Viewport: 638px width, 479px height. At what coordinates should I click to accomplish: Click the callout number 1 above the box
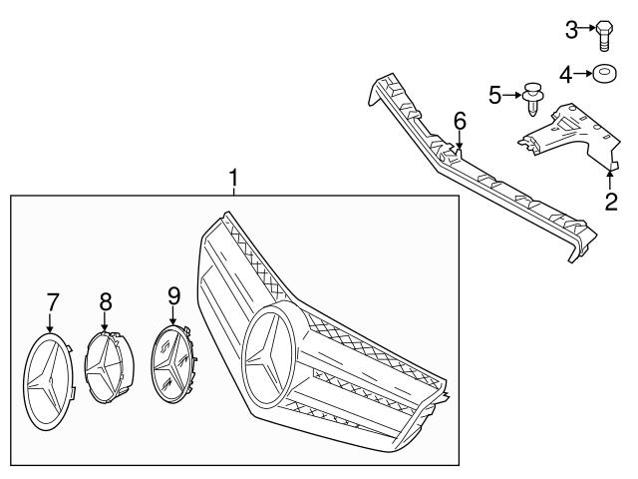[233, 180]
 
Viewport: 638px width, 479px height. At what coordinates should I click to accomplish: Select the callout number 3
[571, 31]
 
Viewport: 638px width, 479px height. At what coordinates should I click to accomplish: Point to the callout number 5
[495, 96]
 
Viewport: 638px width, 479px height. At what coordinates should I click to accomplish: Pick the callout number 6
[460, 120]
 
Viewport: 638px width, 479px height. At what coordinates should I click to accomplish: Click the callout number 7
[52, 299]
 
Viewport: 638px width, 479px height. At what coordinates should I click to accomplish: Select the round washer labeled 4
[604, 73]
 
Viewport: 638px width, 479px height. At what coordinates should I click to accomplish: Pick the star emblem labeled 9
[173, 361]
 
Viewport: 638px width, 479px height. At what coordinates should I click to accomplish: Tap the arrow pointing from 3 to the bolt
[586, 31]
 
